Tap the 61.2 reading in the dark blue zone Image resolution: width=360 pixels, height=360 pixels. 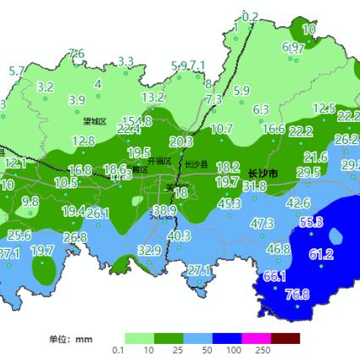pos(320,254)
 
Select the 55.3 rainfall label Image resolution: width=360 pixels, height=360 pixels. pos(311,222)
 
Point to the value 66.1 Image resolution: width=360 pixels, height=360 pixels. pos(274,277)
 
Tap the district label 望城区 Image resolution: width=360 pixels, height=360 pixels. pos(93,122)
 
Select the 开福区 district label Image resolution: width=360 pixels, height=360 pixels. pos(159,161)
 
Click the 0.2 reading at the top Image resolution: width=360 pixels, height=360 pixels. pos(250,17)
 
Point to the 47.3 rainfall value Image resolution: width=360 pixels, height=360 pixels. pos(262,224)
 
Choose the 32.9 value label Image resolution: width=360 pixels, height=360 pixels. pos(149,250)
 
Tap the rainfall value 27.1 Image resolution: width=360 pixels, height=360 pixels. pos(199,270)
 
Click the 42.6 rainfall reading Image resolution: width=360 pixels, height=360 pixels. pos(297,203)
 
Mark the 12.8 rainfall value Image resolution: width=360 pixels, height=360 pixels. pos(83,141)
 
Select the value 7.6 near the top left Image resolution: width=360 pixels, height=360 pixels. pos(76,54)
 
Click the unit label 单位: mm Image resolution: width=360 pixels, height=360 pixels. pos(70,339)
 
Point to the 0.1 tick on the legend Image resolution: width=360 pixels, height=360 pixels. pos(119,351)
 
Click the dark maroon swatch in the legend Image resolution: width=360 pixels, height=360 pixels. pos(285,338)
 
